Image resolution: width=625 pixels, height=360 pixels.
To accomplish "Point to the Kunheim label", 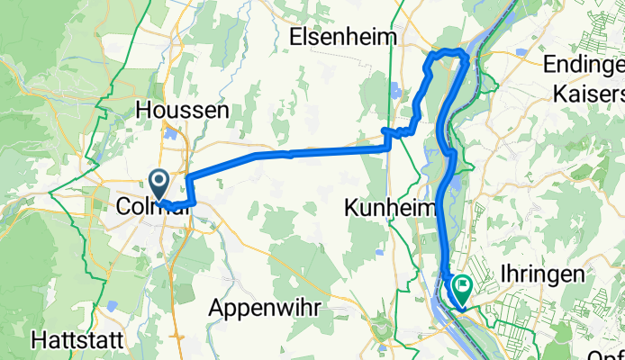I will pos(390,208).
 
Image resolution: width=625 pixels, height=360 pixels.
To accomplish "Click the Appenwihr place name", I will pos(266,307).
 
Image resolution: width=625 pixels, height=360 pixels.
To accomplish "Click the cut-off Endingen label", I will pos(584,66).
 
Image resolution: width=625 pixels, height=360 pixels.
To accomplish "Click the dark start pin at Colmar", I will pos(159,184).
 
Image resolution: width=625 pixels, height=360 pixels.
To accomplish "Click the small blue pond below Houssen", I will pos(169,136).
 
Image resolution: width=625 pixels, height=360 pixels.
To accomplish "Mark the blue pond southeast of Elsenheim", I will pos(394,90).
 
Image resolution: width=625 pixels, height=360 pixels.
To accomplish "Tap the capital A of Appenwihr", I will pos(216,307).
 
